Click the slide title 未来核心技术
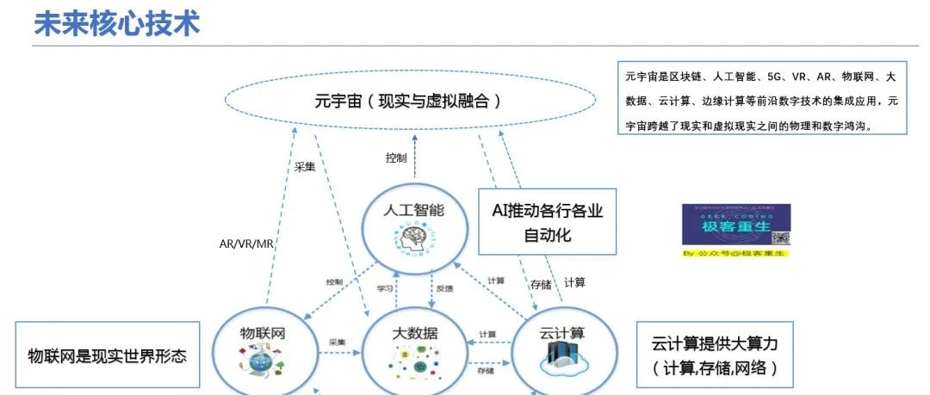tap(116, 23)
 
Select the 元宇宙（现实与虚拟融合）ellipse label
tap(408, 102)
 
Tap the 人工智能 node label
tap(414, 210)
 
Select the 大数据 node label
tap(414, 333)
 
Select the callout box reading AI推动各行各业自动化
tap(547, 222)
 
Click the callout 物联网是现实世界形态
tap(107, 355)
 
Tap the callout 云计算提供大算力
tap(715, 355)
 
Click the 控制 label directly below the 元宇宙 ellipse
tap(395, 158)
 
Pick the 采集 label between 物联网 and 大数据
tap(337, 342)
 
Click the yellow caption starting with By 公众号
tap(735, 254)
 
